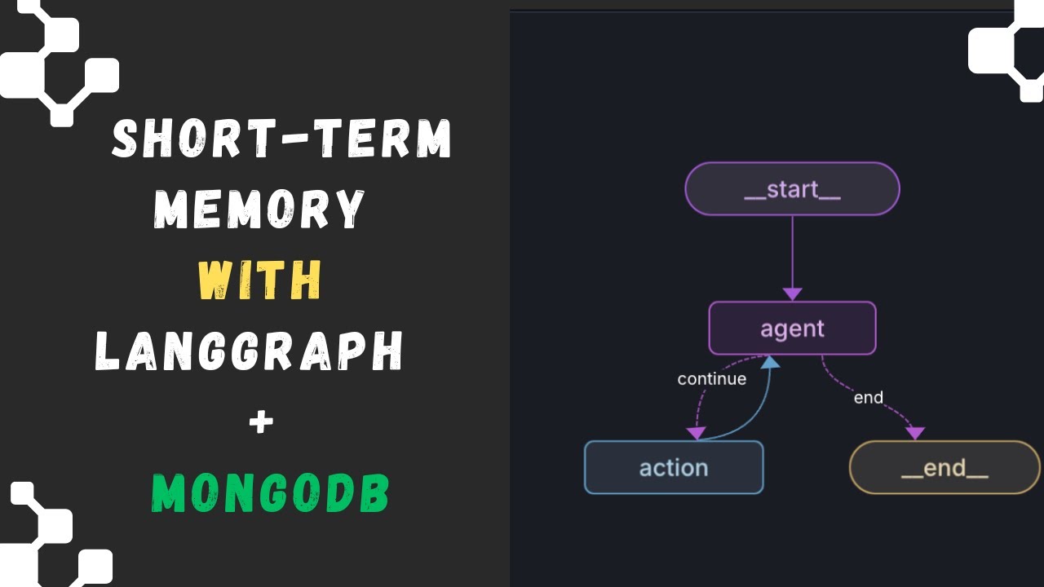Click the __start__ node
tap(792, 189)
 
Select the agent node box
tap(792, 329)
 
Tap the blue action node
tap(674, 467)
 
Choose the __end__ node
tap(944, 467)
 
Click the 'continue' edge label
tap(711, 379)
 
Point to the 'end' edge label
tap(868, 398)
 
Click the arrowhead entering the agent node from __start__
tap(792, 293)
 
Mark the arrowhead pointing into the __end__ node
tap(915, 433)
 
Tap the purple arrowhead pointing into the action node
tap(696, 433)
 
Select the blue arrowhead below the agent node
tap(770, 362)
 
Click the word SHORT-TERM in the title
tap(281, 139)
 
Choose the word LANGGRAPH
tap(250, 351)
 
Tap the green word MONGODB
tap(271, 493)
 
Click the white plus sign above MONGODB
tap(261, 422)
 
